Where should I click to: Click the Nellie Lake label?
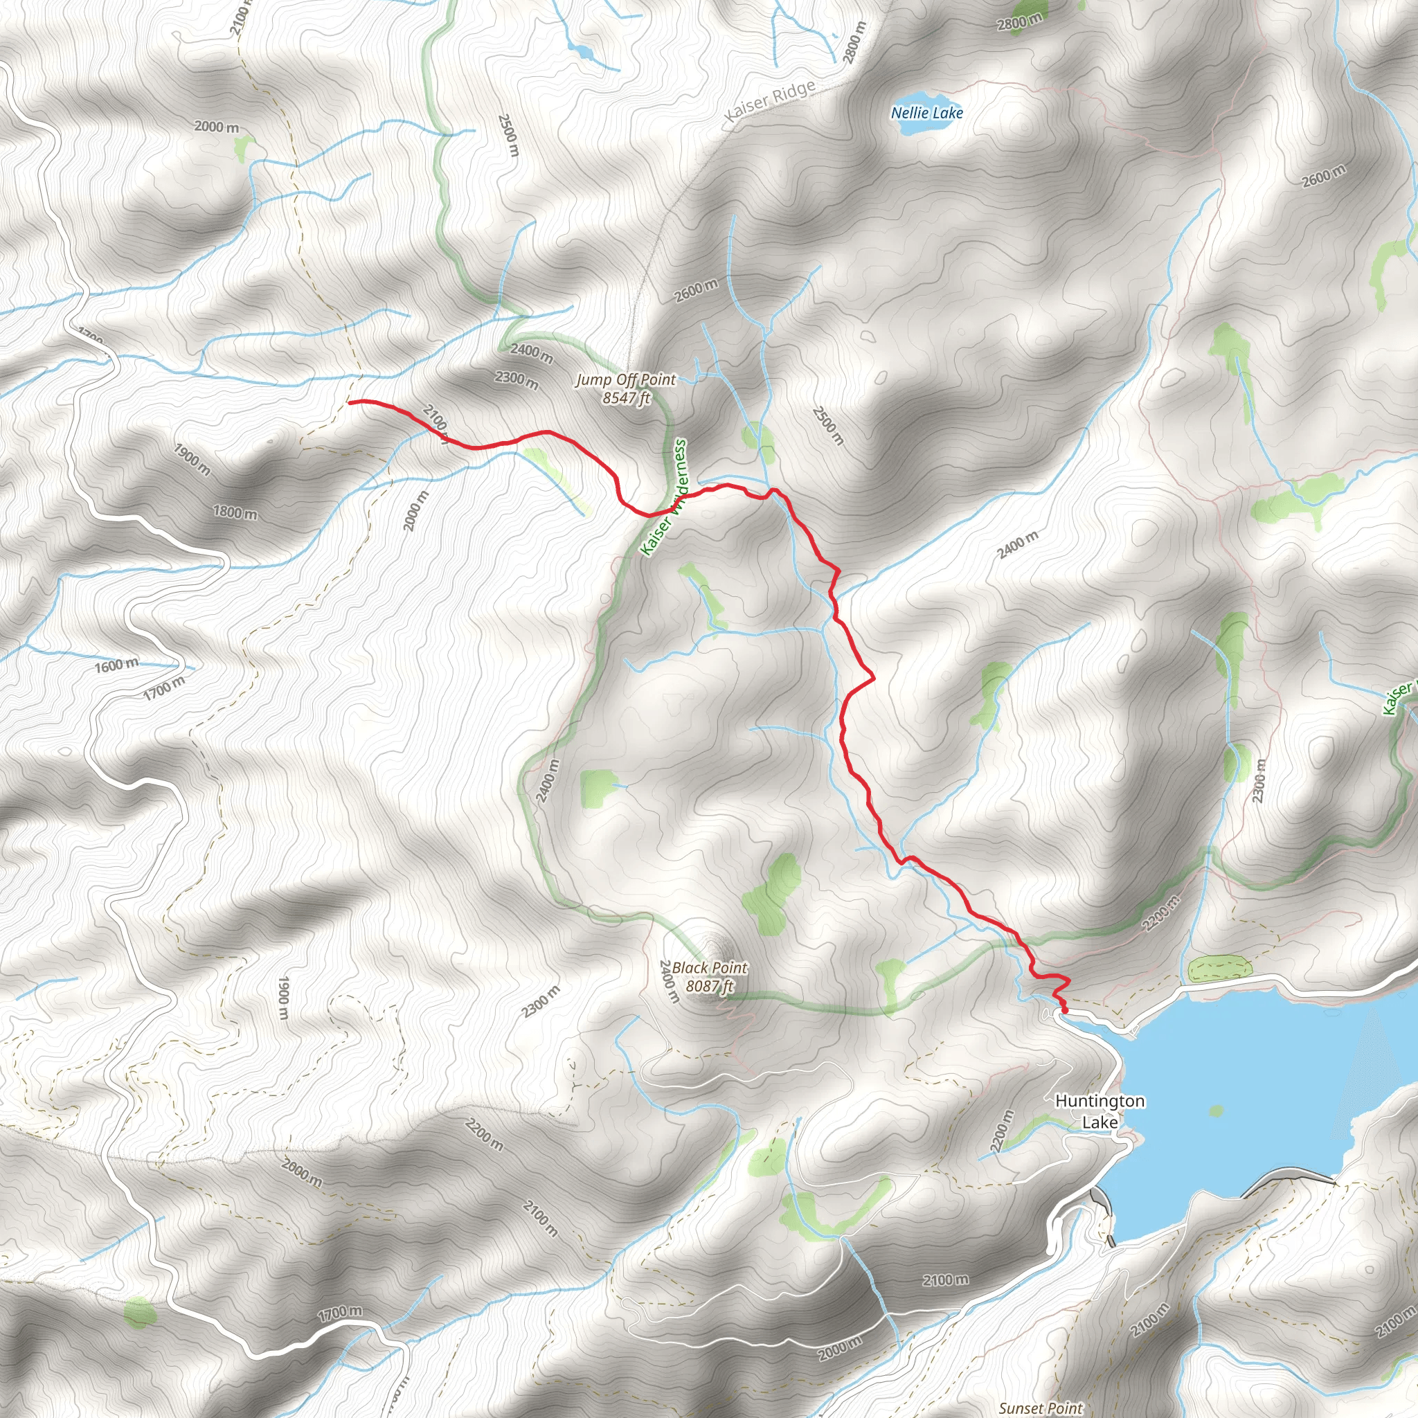pyautogui.click(x=927, y=113)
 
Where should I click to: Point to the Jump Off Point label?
pyautogui.click(x=625, y=379)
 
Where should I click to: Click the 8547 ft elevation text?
pyautogui.click(x=626, y=399)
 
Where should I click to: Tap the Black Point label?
pyautogui.click(x=709, y=967)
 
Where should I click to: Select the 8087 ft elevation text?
pyautogui.click(x=710, y=986)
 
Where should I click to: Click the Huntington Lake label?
pyautogui.click(x=1100, y=1111)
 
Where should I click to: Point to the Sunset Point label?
pyautogui.click(x=1041, y=1408)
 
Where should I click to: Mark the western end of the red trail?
pyautogui.click(x=350, y=402)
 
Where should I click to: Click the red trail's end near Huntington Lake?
pyautogui.click(x=1065, y=1012)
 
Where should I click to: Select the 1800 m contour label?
pyautogui.click(x=235, y=512)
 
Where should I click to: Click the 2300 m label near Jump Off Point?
pyautogui.click(x=516, y=379)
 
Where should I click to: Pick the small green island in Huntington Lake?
pyautogui.click(x=1216, y=1111)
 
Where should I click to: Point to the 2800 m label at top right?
pyautogui.click(x=1019, y=23)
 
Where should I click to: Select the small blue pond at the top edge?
pyautogui.click(x=584, y=51)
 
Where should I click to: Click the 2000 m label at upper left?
pyautogui.click(x=217, y=127)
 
